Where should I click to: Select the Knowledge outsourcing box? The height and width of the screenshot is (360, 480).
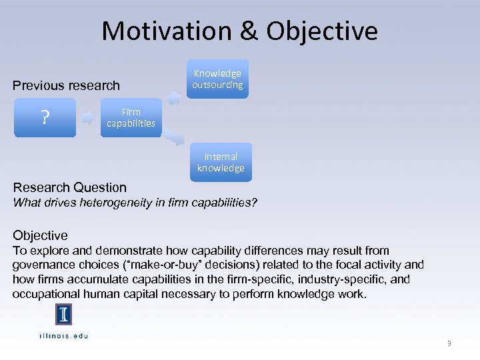217,79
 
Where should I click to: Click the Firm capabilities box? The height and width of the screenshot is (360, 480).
131,118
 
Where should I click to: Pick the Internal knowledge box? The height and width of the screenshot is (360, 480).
221,162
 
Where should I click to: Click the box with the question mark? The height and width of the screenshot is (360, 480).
45,118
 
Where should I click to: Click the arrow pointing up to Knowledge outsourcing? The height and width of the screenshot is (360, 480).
174,99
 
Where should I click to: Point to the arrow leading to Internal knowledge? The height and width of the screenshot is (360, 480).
176,138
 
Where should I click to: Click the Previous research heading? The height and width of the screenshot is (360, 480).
67,85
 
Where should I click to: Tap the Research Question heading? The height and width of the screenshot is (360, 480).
69,187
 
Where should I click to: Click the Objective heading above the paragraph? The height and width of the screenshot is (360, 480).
40,235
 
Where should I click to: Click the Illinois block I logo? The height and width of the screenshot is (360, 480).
63,315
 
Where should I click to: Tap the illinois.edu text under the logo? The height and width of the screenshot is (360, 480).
63,335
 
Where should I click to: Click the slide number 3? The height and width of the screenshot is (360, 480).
449,343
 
